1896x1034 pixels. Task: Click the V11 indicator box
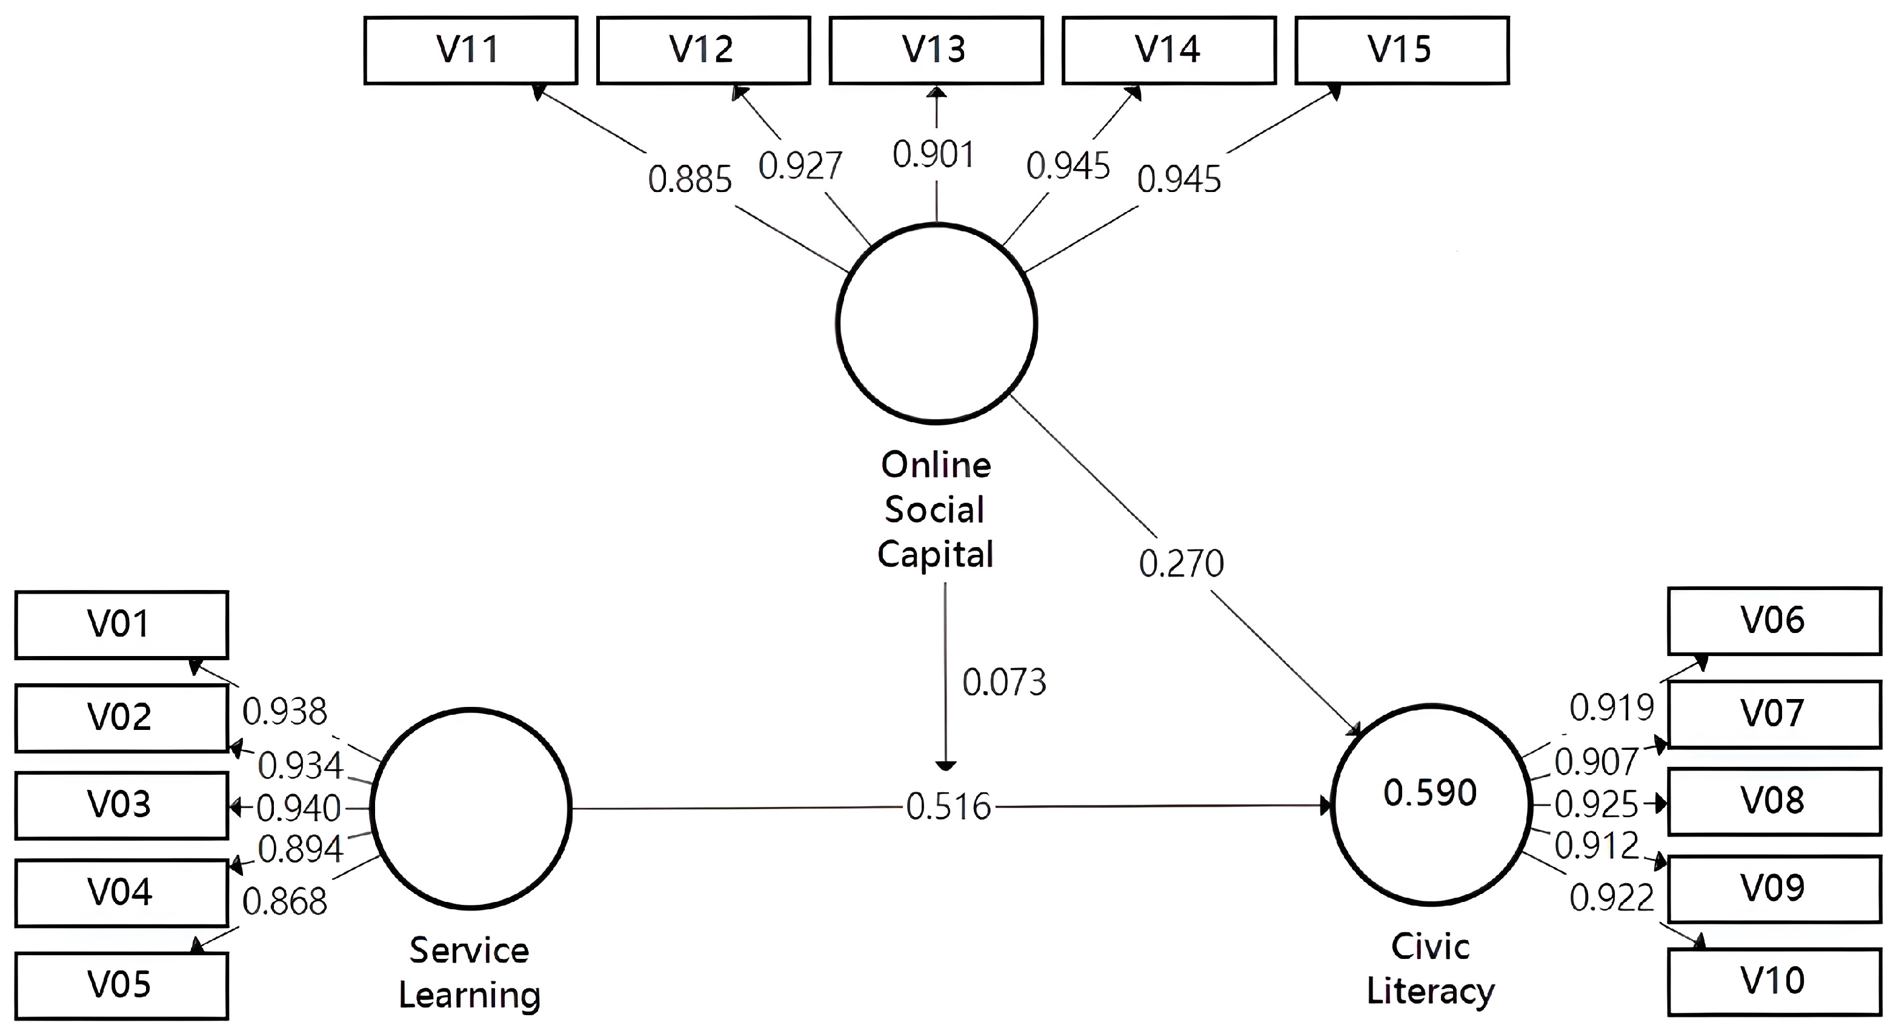[470, 50]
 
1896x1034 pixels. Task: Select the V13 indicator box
[936, 50]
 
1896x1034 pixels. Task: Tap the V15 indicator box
[1402, 50]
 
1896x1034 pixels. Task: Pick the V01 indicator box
[121, 624]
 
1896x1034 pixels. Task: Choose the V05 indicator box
[121, 985]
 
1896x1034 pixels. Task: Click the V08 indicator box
[1774, 801]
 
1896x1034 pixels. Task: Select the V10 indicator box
[1774, 981]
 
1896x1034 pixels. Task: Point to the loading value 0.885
[690, 179]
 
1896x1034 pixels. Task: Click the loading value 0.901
[933, 155]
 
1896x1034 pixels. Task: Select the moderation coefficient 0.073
[1004, 683]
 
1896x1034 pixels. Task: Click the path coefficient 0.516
[948, 807]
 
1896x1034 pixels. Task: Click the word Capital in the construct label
[935, 555]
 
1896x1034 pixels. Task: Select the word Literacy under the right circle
[1430, 992]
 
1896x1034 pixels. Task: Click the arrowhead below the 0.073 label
[945, 766]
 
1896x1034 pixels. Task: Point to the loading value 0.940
[299, 809]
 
